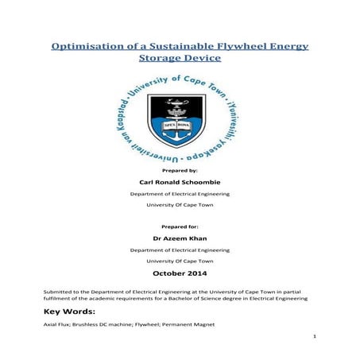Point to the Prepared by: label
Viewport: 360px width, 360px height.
coord(180,171)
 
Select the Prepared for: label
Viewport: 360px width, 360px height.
coord(180,226)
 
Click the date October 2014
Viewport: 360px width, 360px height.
coord(180,275)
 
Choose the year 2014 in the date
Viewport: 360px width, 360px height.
coord(203,275)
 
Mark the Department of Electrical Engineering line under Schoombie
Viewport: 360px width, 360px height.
coord(180,193)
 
